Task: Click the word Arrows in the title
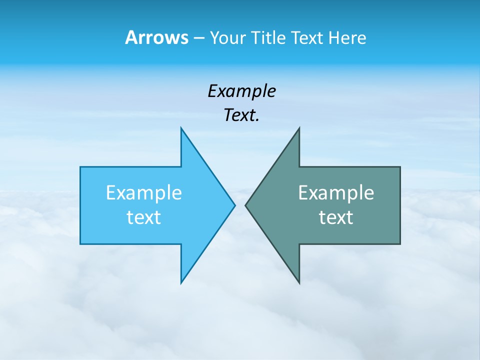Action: (x=156, y=37)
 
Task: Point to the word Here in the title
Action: (x=347, y=37)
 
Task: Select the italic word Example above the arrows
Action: (x=241, y=91)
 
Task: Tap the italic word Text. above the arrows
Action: (x=241, y=115)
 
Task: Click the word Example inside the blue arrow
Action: (x=144, y=193)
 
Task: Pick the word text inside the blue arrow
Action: (x=144, y=217)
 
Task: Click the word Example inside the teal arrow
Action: (x=336, y=193)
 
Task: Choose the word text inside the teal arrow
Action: (x=336, y=217)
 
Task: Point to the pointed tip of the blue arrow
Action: (x=235, y=205)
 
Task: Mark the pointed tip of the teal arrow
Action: (x=245, y=205)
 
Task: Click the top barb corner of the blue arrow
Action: (x=181, y=128)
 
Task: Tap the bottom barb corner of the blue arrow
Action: (x=181, y=283)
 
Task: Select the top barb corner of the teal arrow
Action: (x=299, y=128)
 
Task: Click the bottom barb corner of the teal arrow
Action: (x=299, y=283)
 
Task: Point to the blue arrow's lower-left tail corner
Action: (x=80, y=243)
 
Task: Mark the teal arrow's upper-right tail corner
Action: (x=400, y=167)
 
